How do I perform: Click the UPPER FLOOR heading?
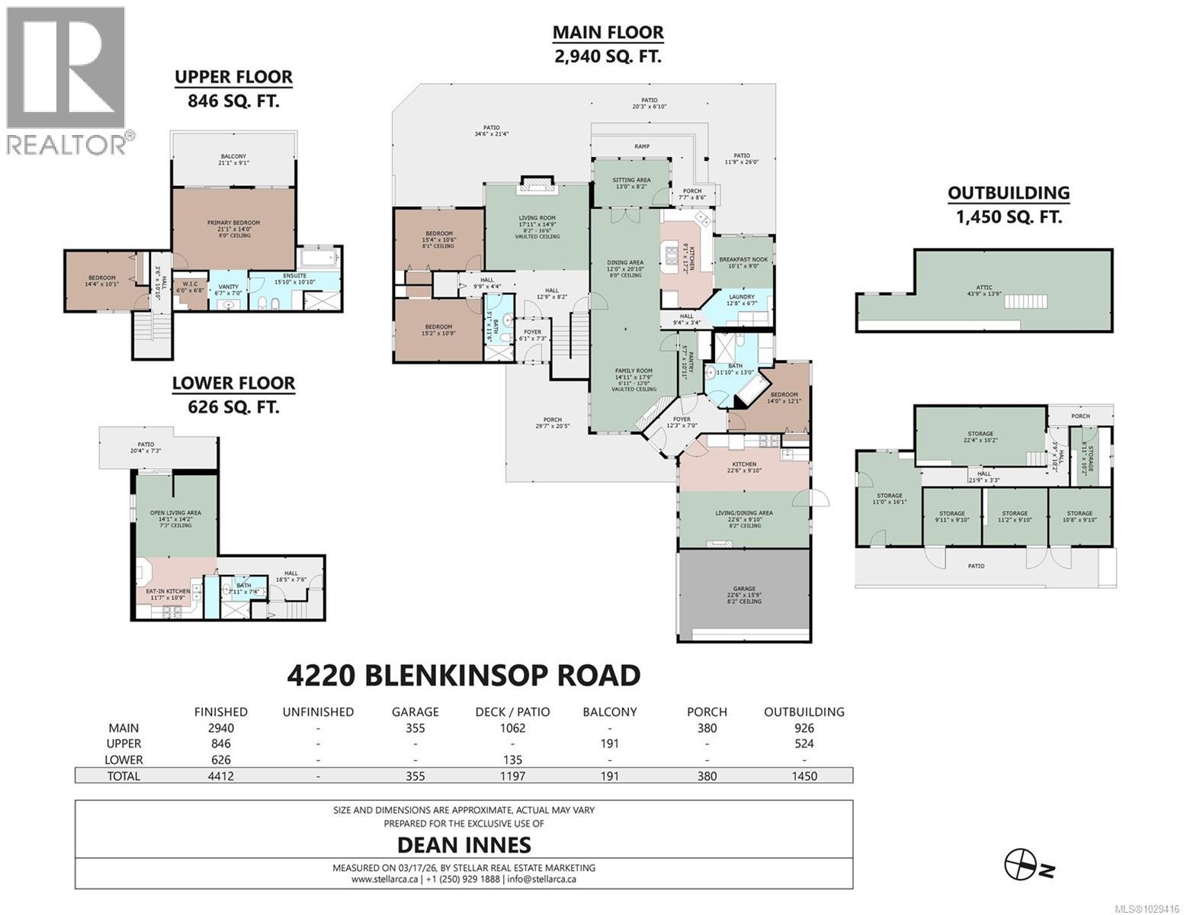[x=233, y=77]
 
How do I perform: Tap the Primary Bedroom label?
[x=233, y=223]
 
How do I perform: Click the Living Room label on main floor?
[x=537, y=218]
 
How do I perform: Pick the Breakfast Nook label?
[x=743, y=260]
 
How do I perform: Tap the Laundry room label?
[x=741, y=297]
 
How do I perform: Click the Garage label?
[x=744, y=589]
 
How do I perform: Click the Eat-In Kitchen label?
[x=167, y=592]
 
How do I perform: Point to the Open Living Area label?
[x=175, y=513]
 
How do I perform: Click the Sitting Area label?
[x=631, y=180]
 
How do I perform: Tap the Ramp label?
[x=642, y=146]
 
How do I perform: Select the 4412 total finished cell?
[x=221, y=776]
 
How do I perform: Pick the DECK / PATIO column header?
[x=512, y=712]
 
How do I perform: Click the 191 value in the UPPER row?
[x=610, y=743]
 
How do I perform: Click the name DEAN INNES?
[x=464, y=845]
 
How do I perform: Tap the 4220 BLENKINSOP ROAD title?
[x=464, y=676]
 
